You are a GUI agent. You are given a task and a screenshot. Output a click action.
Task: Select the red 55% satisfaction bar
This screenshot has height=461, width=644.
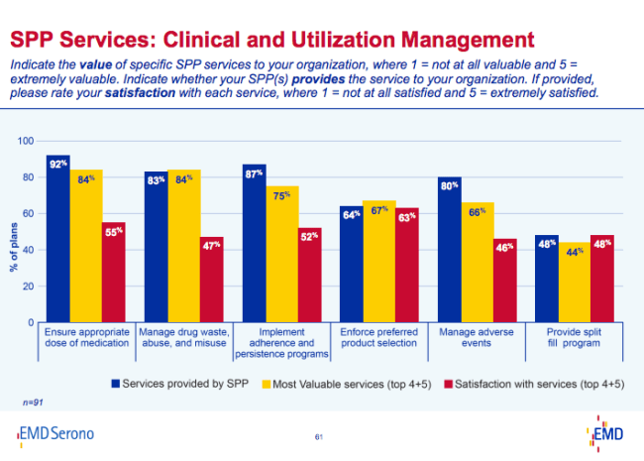(x=113, y=273)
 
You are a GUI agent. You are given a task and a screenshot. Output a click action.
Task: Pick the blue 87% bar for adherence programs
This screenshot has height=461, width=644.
(x=254, y=244)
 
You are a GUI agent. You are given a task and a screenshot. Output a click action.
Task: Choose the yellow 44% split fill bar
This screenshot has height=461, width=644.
(x=576, y=283)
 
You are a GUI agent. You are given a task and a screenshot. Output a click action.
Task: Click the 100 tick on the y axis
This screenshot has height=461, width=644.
(x=27, y=142)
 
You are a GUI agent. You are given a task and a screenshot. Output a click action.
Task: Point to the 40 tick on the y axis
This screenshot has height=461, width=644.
(x=29, y=251)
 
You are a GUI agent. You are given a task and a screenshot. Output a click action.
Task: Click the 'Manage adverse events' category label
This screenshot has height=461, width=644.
(x=478, y=335)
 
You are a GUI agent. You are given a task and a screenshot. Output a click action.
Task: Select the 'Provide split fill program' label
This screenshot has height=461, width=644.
(x=576, y=335)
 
